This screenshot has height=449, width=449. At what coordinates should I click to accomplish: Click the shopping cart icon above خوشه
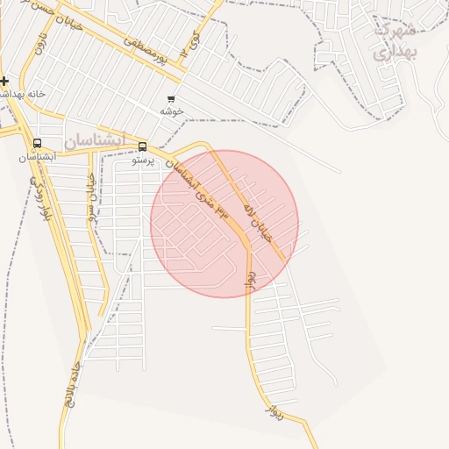click(170, 98)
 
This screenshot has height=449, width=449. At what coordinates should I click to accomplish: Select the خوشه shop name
click(170, 111)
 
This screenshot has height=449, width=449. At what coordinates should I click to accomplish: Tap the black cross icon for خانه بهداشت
click(4, 81)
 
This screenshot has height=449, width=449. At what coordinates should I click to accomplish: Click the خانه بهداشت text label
click(24, 93)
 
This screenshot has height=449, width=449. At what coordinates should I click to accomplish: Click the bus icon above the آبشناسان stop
click(37, 144)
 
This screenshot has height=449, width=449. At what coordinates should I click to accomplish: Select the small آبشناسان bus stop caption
click(37, 157)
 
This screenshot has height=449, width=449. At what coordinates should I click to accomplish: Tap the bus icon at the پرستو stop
click(143, 147)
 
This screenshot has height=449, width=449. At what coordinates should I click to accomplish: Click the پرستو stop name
click(143, 160)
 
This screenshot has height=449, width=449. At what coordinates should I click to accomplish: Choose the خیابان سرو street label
click(93, 193)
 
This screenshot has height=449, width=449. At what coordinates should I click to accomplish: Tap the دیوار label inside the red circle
click(250, 277)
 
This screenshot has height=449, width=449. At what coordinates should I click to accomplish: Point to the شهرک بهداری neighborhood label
click(396, 40)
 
